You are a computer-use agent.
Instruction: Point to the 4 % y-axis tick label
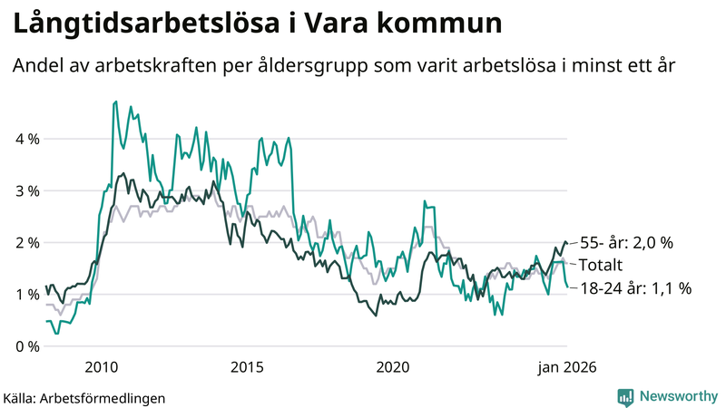(27, 139)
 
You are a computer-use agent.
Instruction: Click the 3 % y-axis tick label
(27, 190)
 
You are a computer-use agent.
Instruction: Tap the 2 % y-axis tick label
(27, 243)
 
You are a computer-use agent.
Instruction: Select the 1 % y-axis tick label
(27, 295)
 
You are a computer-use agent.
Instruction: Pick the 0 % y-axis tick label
(27, 346)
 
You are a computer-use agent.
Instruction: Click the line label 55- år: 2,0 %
(629, 243)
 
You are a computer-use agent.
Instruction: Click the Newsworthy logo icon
(625, 396)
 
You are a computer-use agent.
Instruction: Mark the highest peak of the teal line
(115, 102)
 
